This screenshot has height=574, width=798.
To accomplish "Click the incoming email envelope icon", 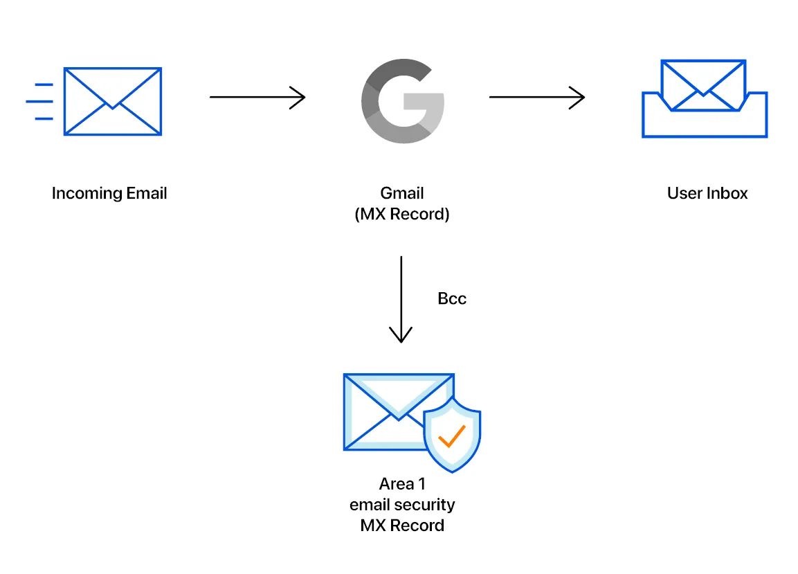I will [x=112, y=101].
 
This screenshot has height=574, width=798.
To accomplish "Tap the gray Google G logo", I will [x=402, y=101].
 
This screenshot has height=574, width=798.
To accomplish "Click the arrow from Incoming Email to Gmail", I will [x=257, y=98].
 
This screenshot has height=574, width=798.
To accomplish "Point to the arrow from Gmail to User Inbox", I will [x=536, y=98].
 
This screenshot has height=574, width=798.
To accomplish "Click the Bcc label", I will [x=452, y=299].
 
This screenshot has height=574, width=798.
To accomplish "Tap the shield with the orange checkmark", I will [x=451, y=435].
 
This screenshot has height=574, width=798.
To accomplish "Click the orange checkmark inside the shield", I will [x=451, y=436].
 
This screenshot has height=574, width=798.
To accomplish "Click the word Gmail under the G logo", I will [x=401, y=193].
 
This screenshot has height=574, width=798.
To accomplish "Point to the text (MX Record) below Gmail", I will [x=402, y=214].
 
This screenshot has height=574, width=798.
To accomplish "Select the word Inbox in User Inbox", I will [x=727, y=193].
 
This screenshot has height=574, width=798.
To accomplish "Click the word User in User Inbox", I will [x=684, y=193].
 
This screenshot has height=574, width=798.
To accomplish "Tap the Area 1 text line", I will [x=402, y=484].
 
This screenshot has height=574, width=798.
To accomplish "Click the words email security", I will [x=402, y=505].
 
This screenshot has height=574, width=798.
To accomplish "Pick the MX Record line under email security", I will [x=402, y=526].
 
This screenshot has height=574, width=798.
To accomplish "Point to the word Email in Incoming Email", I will [x=147, y=193].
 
